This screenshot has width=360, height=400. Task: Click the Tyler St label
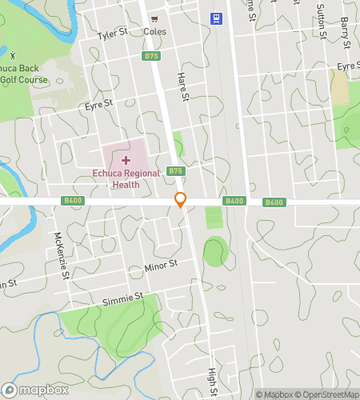113,34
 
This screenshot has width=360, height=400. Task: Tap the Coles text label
154,32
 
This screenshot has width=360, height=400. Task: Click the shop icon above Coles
154,18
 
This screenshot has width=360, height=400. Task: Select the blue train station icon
216,18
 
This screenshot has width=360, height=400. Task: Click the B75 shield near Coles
152,56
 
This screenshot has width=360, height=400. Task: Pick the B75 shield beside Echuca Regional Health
176,171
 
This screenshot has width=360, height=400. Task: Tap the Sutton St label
322,25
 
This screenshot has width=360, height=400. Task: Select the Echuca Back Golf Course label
23,75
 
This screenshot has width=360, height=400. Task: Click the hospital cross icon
126,161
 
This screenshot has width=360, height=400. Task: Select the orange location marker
181,200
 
